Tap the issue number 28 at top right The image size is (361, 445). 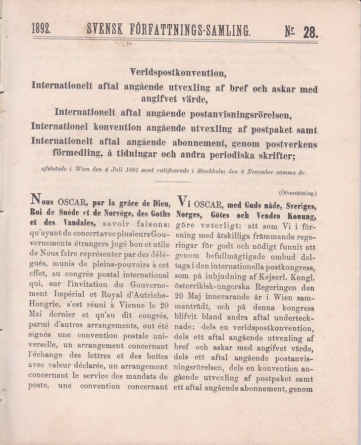point(310,33)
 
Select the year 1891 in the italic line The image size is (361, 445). point(130,173)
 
